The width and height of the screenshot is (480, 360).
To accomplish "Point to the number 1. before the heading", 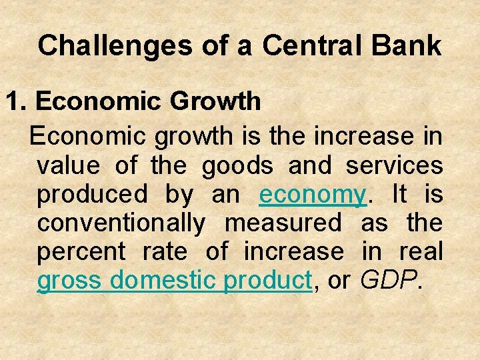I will tap(17, 101).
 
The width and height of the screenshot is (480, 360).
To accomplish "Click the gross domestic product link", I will tap(174, 281).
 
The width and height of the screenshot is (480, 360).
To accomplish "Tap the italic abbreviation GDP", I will tap(389, 281).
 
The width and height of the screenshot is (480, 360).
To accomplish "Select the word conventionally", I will tap(121, 223).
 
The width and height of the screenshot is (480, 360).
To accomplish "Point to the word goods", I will tap(237, 165).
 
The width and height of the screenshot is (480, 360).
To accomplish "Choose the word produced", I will tap(92, 194).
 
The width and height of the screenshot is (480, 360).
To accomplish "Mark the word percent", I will tap(81, 252).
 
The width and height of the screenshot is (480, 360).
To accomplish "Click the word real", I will tap(421, 252).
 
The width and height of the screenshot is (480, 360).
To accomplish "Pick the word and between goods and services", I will tap(309, 165).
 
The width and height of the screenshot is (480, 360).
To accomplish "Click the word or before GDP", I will tap(339, 281).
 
